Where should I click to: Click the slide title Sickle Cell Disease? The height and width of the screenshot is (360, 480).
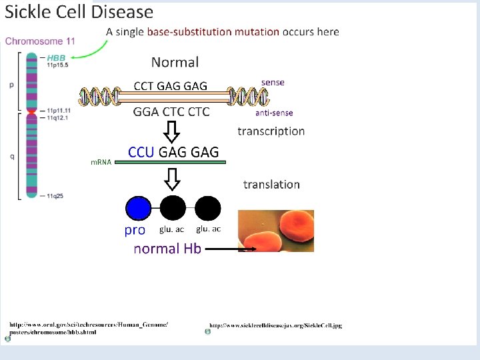(x=79, y=12)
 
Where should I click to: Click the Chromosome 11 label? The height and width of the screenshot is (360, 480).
(x=40, y=41)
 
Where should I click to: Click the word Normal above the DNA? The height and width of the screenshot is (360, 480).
(x=175, y=62)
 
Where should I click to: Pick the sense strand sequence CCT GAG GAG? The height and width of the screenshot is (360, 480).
(x=171, y=85)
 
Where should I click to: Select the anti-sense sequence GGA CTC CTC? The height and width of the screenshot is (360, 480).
(x=171, y=111)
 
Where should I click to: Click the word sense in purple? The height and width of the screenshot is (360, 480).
(x=273, y=82)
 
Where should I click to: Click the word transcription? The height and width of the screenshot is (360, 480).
(x=271, y=131)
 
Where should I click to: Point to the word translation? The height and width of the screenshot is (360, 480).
(x=271, y=184)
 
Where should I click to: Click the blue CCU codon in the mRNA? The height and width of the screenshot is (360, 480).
(x=141, y=152)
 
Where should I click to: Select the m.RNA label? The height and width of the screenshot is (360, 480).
(x=101, y=162)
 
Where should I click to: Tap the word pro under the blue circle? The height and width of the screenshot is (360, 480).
(x=135, y=230)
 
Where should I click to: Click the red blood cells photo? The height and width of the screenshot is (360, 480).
(x=276, y=231)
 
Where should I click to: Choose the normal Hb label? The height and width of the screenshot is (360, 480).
(x=167, y=249)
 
